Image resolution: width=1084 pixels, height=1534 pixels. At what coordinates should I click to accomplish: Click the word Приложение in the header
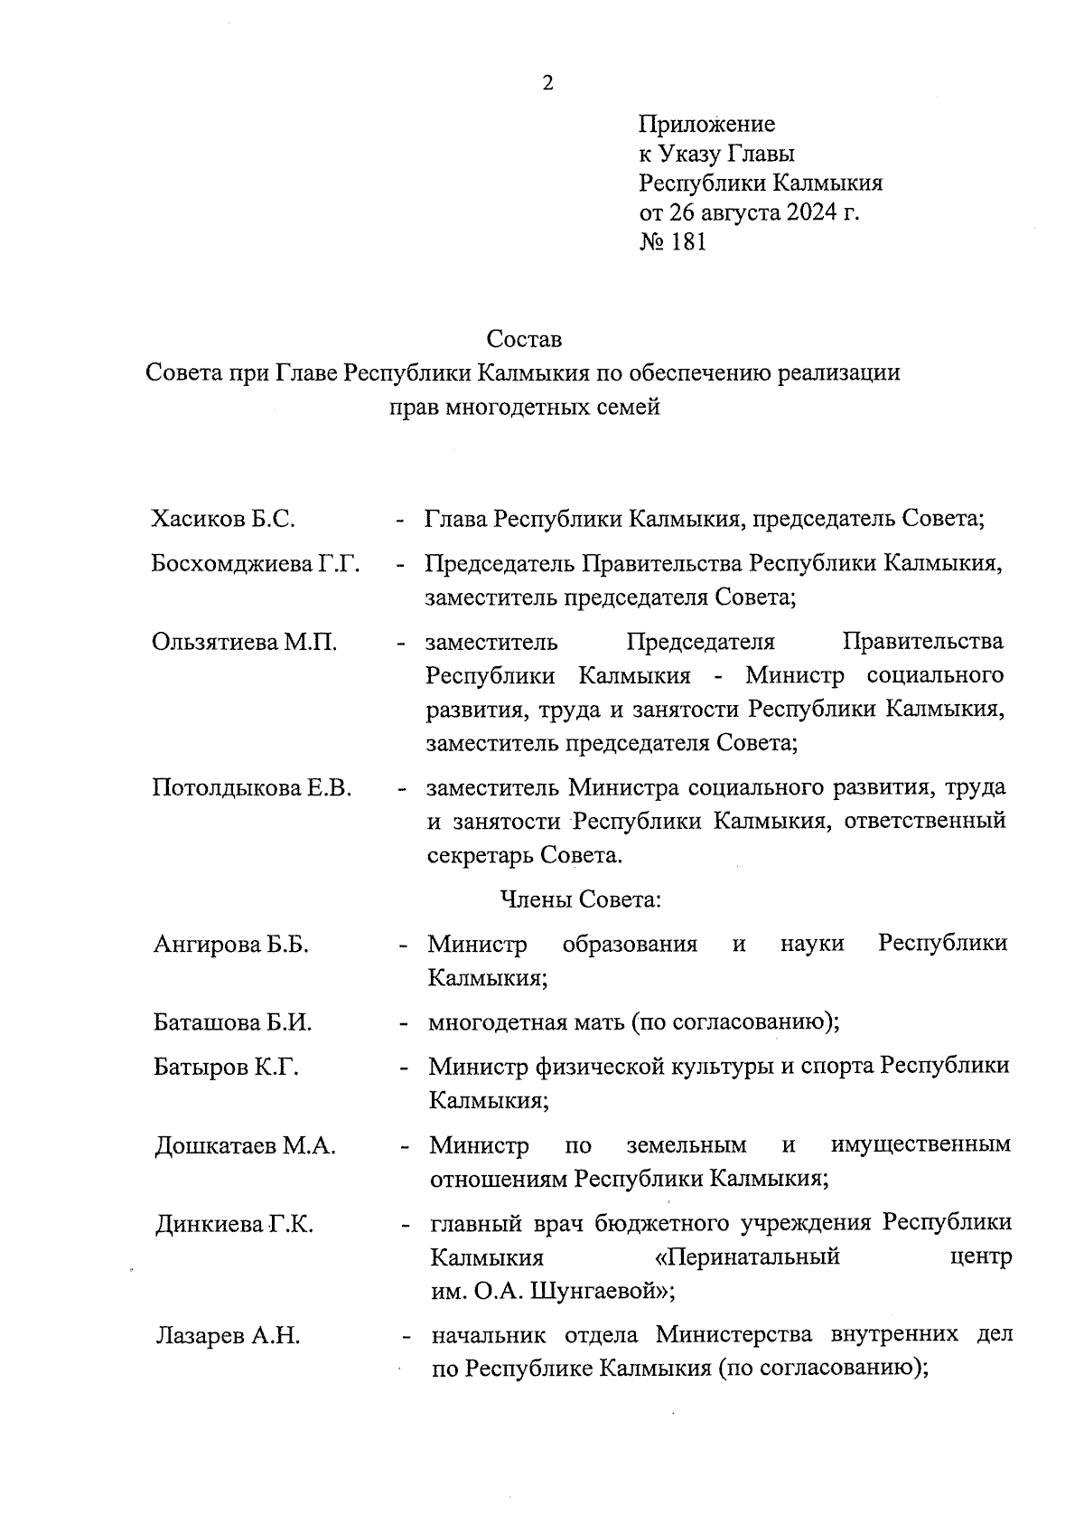(x=706, y=124)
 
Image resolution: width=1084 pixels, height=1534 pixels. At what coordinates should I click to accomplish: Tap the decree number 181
(x=687, y=242)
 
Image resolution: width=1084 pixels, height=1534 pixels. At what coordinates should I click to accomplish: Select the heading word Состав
(x=524, y=340)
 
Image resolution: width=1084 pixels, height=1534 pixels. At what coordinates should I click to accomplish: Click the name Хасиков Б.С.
(x=223, y=520)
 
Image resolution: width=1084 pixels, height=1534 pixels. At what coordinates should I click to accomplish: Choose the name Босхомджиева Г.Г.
(x=256, y=564)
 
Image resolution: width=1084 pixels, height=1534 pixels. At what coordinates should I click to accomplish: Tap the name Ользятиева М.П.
(x=244, y=643)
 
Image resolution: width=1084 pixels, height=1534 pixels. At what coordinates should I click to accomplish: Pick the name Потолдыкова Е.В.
(x=251, y=787)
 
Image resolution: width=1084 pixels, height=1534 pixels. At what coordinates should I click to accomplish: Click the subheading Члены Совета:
(x=581, y=900)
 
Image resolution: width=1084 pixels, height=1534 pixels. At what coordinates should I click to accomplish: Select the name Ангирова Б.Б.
(x=231, y=946)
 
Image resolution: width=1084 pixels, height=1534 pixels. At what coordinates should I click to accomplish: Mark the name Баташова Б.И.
(x=232, y=1023)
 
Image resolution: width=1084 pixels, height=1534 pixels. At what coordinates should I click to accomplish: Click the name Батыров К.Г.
(x=226, y=1068)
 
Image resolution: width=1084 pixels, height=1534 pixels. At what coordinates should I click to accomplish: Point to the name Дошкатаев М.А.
(x=245, y=1146)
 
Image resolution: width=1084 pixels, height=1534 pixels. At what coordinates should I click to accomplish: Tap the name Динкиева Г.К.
(x=234, y=1226)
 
